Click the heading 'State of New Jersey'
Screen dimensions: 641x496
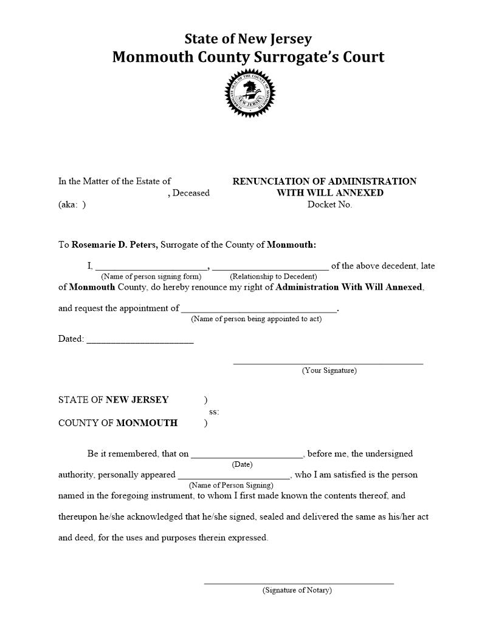coord(248,39)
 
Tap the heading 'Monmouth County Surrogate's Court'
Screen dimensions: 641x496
coord(248,57)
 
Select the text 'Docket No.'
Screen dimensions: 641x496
coord(329,205)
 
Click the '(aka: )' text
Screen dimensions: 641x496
coord(72,205)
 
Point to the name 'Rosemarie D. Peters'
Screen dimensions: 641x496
coord(115,245)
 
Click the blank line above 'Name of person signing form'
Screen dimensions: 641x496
coord(151,267)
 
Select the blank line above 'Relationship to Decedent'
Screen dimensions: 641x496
coord(270,267)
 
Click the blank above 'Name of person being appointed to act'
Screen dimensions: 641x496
coord(258,310)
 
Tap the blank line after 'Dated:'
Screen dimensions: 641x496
coord(140,342)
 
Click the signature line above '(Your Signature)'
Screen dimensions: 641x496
coord(328,363)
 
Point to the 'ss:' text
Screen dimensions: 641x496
coord(214,412)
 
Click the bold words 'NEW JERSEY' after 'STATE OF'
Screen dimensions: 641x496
coord(137,400)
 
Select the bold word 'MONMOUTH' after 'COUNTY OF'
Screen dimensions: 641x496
coord(146,423)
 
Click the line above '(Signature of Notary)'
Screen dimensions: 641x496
coord(298,583)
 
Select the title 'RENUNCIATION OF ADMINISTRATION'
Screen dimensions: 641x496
coord(325,181)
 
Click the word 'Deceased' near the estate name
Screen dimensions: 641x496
coord(191,193)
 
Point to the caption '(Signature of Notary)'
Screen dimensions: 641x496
coord(297,590)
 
